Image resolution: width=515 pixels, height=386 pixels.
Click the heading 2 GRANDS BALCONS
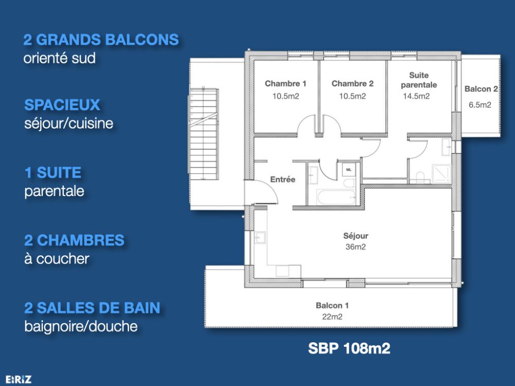click(x=101, y=40)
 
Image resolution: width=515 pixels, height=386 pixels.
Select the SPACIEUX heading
click(x=62, y=106)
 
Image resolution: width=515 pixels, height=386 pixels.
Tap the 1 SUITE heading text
click(x=53, y=172)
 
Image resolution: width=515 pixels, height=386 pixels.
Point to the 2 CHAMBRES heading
click(x=74, y=240)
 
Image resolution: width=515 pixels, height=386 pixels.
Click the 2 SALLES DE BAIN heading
click(x=92, y=308)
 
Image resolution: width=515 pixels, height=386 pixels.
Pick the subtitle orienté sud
click(x=59, y=58)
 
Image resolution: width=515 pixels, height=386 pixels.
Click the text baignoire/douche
click(x=81, y=326)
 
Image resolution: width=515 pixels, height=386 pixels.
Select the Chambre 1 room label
click(x=286, y=83)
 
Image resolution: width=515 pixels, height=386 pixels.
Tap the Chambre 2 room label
click(x=352, y=83)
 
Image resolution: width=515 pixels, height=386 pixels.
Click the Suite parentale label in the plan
click(x=419, y=80)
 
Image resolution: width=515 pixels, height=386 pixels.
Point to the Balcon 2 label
click(x=481, y=89)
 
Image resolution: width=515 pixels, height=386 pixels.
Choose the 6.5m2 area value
click(x=479, y=104)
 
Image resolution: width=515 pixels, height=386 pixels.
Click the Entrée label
click(x=283, y=180)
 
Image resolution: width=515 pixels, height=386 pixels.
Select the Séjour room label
click(x=356, y=236)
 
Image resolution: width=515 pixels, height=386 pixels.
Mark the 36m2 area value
click(x=356, y=247)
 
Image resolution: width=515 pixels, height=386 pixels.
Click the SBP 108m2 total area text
click(x=349, y=348)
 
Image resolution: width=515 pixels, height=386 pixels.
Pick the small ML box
click(x=348, y=169)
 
